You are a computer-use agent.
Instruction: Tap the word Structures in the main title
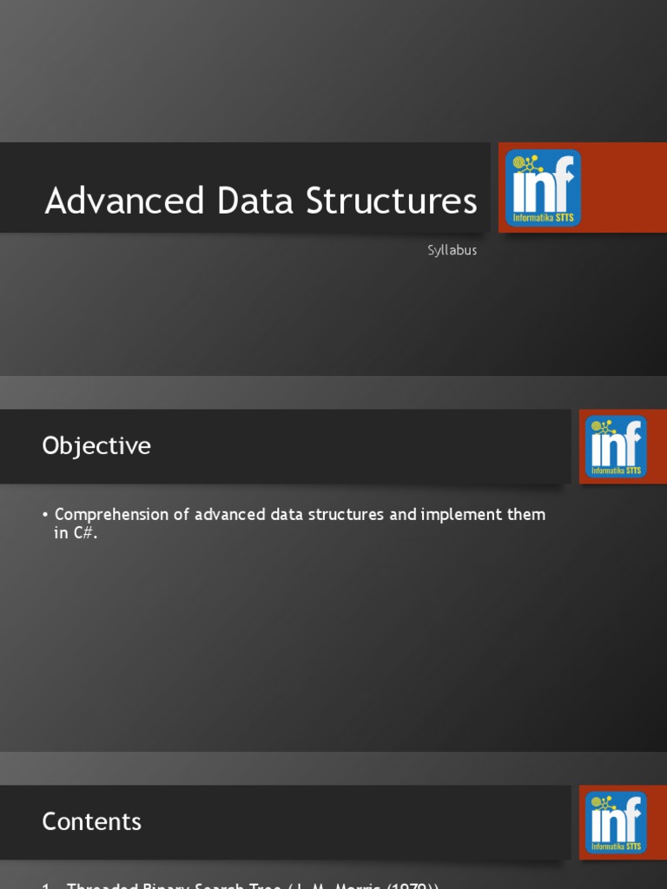[391, 201]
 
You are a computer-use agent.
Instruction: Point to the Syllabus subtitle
[452, 250]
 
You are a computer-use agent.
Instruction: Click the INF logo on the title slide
[544, 188]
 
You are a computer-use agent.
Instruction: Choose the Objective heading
[96, 446]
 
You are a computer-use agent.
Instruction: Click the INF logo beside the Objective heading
[616, 446]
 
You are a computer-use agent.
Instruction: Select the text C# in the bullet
[84, 534]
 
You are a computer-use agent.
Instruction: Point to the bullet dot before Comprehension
[45, 515]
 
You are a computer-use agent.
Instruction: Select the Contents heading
[91, 821]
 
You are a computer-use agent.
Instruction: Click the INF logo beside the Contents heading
[616, 821]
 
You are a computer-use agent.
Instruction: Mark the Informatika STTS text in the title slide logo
[544, 218]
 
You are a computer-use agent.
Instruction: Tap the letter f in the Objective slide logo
[633, 442]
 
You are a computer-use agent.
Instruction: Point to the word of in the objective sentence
[181, 515]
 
